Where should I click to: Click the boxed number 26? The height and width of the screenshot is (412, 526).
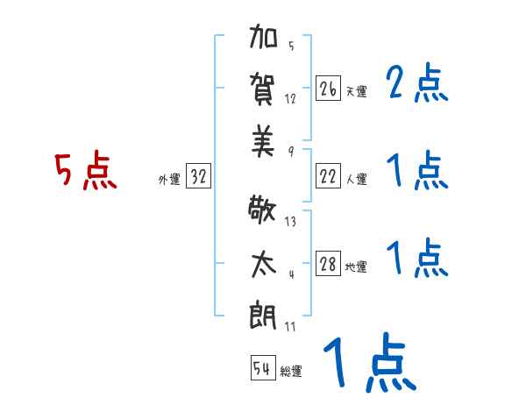point(328,89)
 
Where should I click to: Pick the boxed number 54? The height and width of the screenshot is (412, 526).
point(261,368)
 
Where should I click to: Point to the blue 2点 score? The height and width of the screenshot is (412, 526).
point(416,86)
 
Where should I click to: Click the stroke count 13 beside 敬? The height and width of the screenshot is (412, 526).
point(291,221)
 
